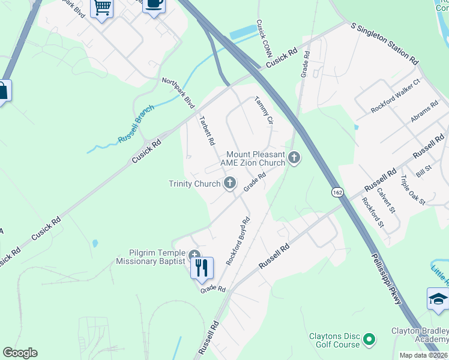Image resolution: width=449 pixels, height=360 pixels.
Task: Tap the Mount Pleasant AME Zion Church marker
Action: pos(294,158)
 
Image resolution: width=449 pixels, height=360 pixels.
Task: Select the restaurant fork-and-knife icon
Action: pos(202,268)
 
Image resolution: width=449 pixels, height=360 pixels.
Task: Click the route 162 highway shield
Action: pos(338,192)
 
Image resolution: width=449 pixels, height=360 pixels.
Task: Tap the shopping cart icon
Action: pos(101,8)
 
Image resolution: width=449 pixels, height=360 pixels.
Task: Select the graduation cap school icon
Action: pos(438,298)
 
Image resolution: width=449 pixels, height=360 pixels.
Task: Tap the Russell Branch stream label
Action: pos(136,124)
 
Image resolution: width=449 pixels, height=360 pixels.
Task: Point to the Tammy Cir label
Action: pos(264,110)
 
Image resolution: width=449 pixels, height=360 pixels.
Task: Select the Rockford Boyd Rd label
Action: pos(238,241)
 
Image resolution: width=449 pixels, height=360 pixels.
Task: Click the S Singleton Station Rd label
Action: pos(385,44)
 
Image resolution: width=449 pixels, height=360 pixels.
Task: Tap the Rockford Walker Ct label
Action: pos(396,95)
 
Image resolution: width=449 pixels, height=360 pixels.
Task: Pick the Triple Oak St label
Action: pos(412,190)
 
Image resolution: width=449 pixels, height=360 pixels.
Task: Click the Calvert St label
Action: pos(387,200)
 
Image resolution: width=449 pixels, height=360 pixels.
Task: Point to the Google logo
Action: pos(20,353)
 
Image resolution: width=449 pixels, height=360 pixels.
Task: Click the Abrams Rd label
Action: pos(424,112)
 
